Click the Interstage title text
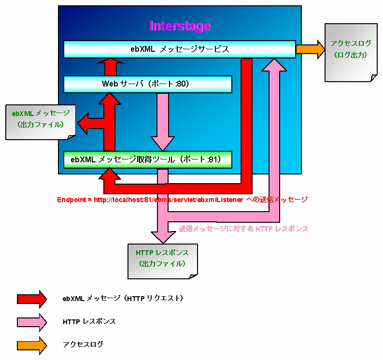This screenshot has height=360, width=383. [180, 26]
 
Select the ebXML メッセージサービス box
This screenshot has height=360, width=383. [179, 49]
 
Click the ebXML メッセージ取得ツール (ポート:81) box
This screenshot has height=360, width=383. [148, 159]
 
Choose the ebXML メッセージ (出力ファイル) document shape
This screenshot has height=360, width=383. [41, 121]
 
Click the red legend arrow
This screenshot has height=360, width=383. [31, 299]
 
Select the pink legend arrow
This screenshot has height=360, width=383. [31, 321]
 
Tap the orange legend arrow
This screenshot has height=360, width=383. [31, 345]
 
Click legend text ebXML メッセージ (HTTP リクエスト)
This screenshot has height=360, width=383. [123, 299]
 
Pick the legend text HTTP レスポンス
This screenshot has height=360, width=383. [89, 321]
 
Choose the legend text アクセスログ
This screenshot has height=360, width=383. [83, 345]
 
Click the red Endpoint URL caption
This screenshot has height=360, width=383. [182, 199]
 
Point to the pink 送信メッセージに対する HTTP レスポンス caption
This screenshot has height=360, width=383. [243, 229]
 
